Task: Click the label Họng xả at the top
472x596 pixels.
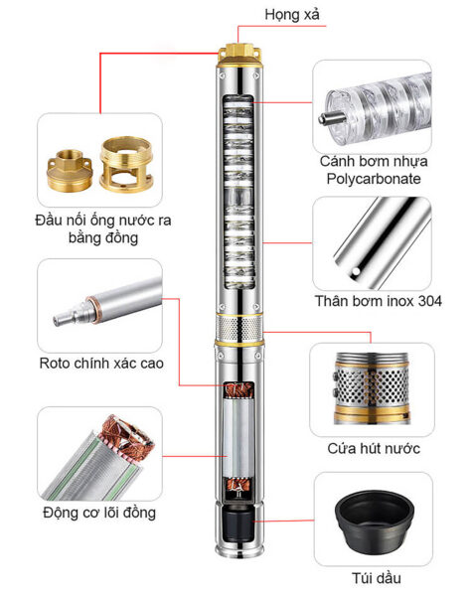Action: pos(292,15)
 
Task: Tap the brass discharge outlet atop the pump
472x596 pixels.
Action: pos(239,54)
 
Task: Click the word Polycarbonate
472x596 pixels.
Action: pos(374,179)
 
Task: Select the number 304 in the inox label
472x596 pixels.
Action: pos(430,301)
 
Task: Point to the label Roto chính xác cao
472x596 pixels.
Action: pos(101,363)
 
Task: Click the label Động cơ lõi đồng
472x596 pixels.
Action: pos(99,513)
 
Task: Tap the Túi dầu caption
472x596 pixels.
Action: pos(377,578)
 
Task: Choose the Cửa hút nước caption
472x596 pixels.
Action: pos(374,449)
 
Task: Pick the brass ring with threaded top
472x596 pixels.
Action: pos(126,164)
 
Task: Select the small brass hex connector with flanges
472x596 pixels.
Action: pos(70,171)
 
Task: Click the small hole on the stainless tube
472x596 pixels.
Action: pos(356,271)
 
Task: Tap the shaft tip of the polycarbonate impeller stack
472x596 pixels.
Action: pos(324,119)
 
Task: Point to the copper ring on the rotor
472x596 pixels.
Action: pos(90,311)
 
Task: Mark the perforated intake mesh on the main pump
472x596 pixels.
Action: pos(238,328)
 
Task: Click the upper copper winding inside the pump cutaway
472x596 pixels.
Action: pos(238,390)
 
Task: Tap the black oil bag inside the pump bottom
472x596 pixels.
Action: pos(238,525)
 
